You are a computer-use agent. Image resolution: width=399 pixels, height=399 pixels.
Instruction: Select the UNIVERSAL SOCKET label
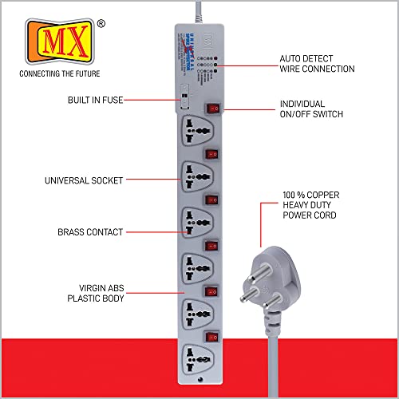coord(84,181)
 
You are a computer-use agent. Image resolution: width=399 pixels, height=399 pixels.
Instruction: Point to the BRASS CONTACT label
coord(90,232)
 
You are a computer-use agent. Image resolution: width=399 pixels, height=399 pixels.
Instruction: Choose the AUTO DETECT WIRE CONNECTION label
coord(317,64)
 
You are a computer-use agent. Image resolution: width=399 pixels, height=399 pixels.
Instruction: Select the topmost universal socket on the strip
coord(196,128)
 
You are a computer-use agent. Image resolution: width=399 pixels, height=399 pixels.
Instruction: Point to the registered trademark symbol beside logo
coord(101,25)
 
